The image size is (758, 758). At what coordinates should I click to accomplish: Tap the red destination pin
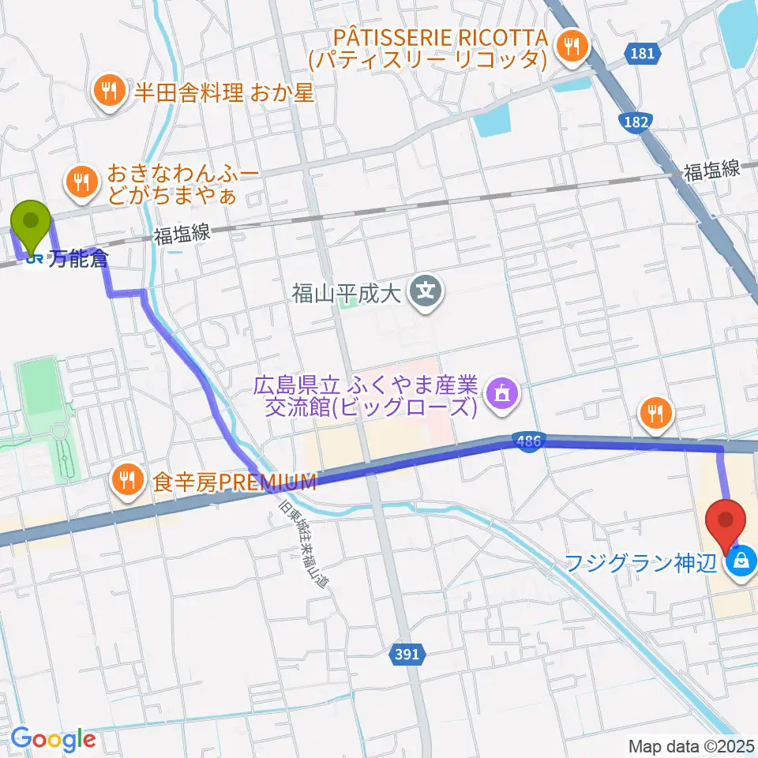coord(726,521)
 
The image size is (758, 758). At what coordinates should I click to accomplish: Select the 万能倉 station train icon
coord(35,258)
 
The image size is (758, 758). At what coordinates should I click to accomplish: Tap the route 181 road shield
coord(643,54)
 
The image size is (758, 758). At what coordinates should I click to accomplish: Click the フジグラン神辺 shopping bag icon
coord(741,562)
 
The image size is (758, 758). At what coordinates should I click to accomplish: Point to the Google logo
coord(53,739)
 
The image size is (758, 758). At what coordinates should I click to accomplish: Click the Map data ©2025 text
coord(690,745)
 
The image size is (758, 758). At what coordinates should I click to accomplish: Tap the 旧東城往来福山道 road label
coord(304,537)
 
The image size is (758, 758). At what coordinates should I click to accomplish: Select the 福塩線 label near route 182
coord(711,169)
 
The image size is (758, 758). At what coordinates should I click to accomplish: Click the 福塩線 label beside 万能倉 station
coord(182,235)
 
